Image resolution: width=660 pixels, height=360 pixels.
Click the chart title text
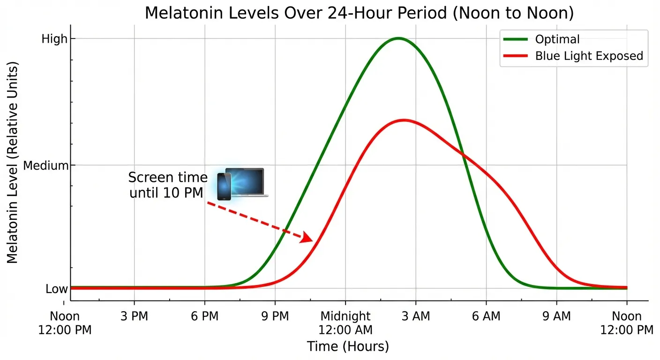[359, 13]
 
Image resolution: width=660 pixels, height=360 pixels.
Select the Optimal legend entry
[557, 39]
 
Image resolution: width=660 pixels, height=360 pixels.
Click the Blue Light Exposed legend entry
[589, 56]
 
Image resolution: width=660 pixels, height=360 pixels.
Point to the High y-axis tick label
[55, 39]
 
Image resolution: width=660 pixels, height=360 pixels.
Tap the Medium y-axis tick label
[46, 165]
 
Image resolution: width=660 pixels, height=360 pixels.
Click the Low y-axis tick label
[57, 289]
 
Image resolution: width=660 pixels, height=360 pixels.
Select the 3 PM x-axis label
[134, 316]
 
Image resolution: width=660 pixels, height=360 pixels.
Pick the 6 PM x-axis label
[205, 316]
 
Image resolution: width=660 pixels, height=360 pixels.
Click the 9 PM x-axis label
[275, 316]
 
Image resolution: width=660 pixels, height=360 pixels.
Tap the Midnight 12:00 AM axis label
[345, 323]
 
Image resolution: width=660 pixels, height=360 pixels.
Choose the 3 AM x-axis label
[416, 316]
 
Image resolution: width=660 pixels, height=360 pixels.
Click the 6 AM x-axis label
[486, 316]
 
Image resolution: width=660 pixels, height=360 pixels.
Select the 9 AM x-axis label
[557, 316]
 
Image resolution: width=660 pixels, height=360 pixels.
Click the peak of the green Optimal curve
[398, 38]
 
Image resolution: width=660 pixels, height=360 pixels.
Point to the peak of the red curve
[404, 120]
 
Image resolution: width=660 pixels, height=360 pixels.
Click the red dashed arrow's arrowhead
[307, 238]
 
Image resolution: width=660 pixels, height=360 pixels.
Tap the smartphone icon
[224, 187]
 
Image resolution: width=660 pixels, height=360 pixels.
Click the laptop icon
[247, 182]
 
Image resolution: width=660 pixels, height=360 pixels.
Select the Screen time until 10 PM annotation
[167, 185]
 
